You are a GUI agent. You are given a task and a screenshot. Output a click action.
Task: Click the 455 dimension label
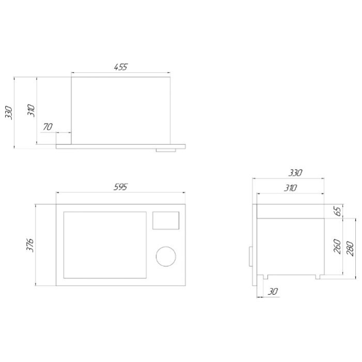120,67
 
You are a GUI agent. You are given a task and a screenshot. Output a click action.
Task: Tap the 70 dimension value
48,127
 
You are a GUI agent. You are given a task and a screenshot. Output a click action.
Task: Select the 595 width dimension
120,187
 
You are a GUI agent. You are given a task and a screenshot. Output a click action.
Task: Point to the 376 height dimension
30,245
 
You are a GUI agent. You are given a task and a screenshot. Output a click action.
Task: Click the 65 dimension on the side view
338,211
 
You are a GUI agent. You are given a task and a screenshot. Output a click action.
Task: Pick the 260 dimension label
338,247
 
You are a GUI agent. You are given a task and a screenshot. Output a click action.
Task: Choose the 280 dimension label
350,249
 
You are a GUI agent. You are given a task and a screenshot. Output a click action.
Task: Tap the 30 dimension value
273,292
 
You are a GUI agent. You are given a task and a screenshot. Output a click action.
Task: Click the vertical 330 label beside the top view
9,112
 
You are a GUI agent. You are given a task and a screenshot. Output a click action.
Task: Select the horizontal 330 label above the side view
295,173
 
